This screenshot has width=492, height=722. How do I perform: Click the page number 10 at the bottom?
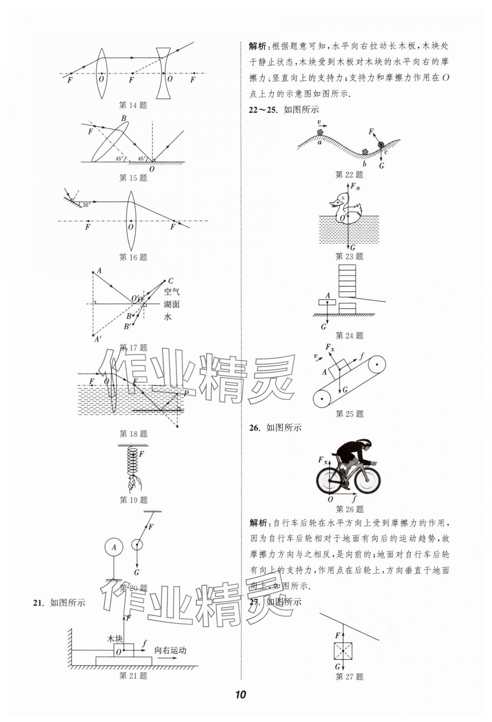(x=240, y=694)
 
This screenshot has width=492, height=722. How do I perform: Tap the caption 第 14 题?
(x=133, y=105)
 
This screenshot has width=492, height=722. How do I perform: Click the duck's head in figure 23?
(x=342, y=200)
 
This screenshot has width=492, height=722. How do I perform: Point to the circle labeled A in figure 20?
(x=114, y=547)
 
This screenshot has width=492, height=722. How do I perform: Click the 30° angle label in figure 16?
(x=86, y=205)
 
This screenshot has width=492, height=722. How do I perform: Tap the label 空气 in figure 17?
(x=172, y=292)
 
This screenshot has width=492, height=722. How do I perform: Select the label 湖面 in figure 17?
(x=172, y=304)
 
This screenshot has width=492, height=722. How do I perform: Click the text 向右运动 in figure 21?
(x=170, y=650)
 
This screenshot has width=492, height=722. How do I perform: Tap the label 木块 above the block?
(x=115, y=639)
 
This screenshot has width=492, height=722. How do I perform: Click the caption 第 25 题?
(x=350, y=414)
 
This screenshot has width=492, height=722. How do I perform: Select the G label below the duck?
(x=353, y=248)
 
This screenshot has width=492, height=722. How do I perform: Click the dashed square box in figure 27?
(x=343, y=651)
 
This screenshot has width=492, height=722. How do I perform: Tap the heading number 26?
(x=254, y=428)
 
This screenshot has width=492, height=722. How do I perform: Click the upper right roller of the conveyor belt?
(x=377, y=365)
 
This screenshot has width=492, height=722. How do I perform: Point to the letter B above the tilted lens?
(x=124, y=118)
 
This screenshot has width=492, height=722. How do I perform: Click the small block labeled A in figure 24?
(x=327, y=302)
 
